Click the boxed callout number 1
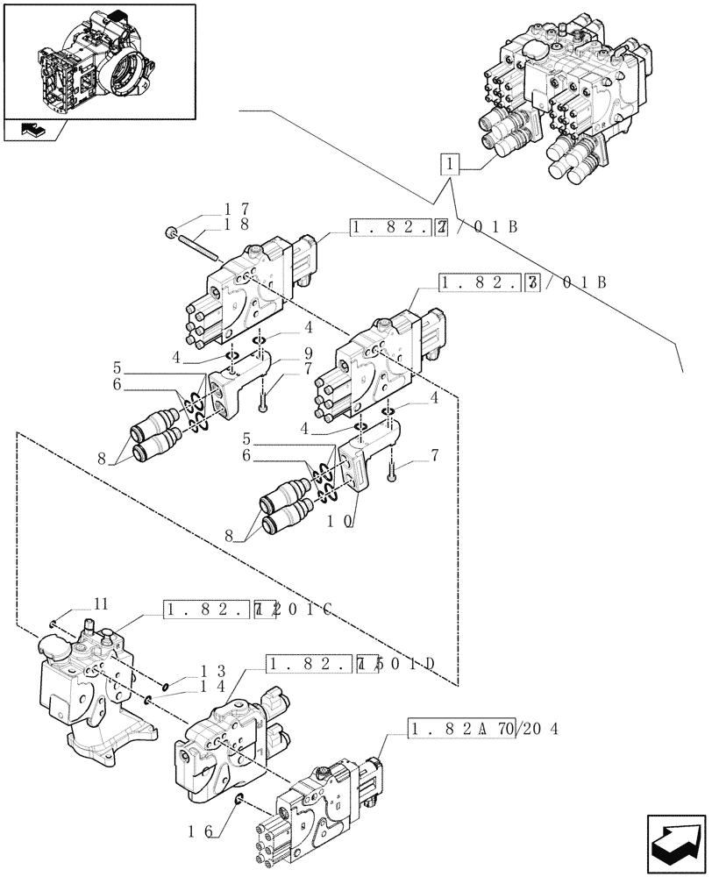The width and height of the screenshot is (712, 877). pyautogui.click(x=449, y=165)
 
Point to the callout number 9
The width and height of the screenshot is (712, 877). pyautogui.click(x=283, y=353)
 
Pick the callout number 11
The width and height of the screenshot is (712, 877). pyautogui.click(x=102, y=603)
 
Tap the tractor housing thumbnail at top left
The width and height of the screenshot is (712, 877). pyautogui.click(x=98, y=61)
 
